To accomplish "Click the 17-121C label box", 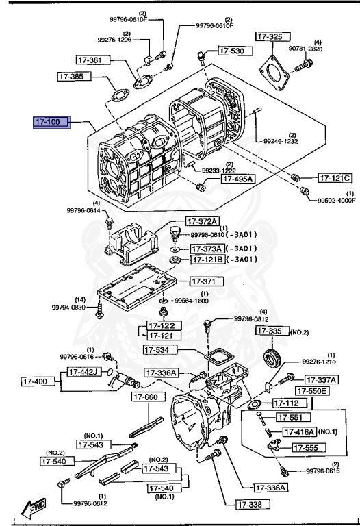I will point(335,178).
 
